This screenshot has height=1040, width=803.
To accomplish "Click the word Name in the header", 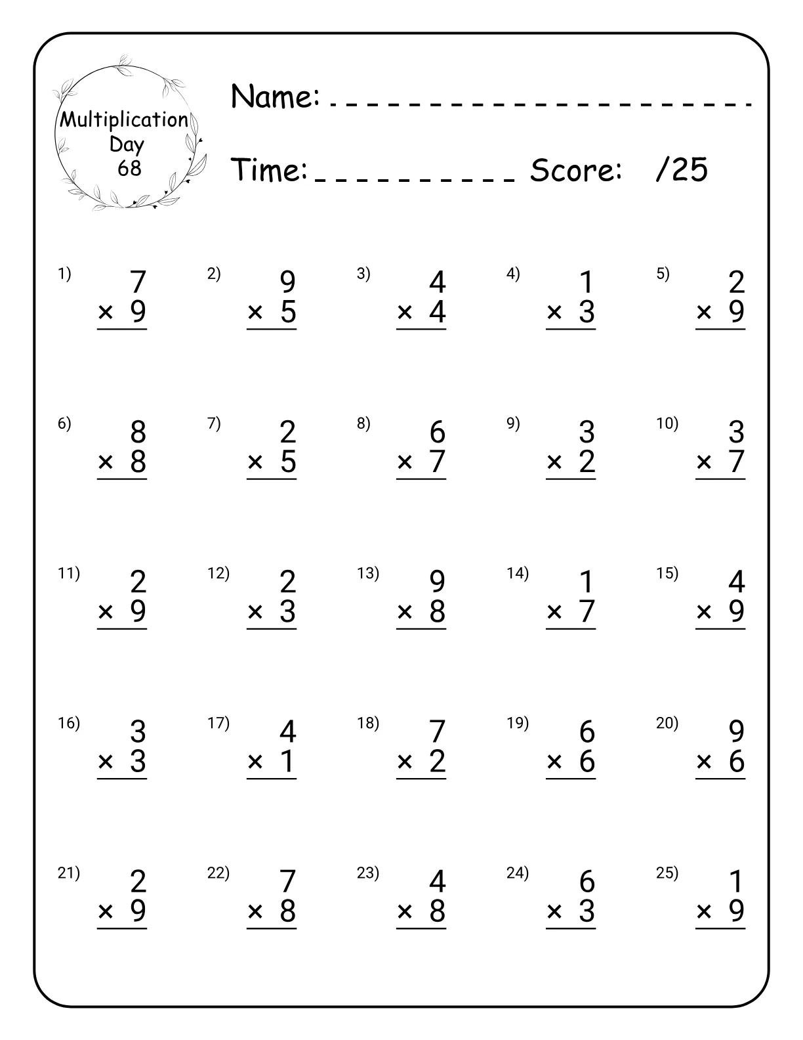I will pyautogui.click(x=275, y=97).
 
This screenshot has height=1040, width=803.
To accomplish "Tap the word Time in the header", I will pyautogui.click(x=270, y=170).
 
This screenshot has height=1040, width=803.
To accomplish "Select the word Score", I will pyautogui.click(x=575, y=171).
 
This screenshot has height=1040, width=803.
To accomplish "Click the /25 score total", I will pyautogui.click(x=682, y=170).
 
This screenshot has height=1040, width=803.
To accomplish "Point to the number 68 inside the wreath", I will pyautogui.click(x=129, y=169).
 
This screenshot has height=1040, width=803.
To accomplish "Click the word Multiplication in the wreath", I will pyautogui.click(x=124, y=120).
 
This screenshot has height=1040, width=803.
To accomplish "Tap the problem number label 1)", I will pyautogui.click(x=64, y=274).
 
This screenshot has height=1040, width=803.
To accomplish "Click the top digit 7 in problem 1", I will pyautogui.click(x=138, y=282).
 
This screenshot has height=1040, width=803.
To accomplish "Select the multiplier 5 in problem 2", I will pyautogui.click(x=288, y=312).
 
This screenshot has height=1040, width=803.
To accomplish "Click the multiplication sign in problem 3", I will pyautogui.click(x=405, y=313).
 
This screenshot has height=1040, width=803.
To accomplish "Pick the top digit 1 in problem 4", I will pyautogui.click(x=587, y=282).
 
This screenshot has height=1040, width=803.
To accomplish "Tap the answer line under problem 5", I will pyautogui.click(x=720, y=328).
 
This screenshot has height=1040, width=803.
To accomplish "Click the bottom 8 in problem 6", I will pyautogui.click(x=138, y=462).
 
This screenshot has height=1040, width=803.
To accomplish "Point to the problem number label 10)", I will pyautogui.click(x=667, y=423).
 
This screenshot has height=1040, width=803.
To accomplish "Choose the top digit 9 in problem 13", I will pyautogui.click(x=438, y=582).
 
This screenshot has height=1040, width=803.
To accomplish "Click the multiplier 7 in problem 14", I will pyautogui.click(x=587, y=612).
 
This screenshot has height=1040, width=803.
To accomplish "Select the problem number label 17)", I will pyautogui.click(x=218, y=723).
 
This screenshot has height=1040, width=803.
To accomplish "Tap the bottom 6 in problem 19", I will pyautogui.click(x=587, y=762).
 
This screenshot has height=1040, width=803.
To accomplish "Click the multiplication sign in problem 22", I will pyautogui.click(x=255, y=911).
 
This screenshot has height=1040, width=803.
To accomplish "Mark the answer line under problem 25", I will pyautogui.click(x=720, y=928).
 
